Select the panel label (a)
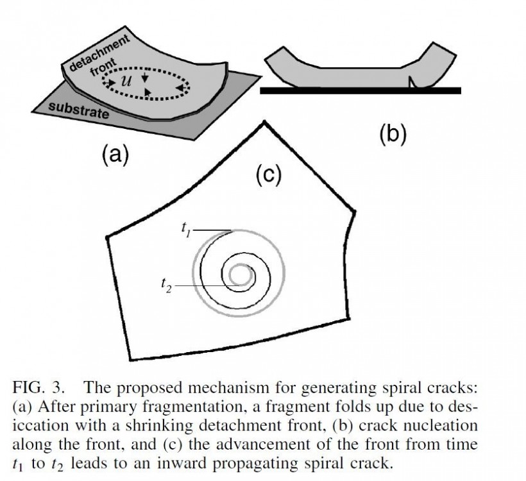[x=115, y=155]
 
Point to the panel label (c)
[x=269, y=174]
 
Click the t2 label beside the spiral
[x=166, y=283]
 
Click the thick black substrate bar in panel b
[x=360, y=91]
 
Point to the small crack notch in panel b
[x=412, y=81]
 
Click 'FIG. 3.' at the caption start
[x=40, y=387]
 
